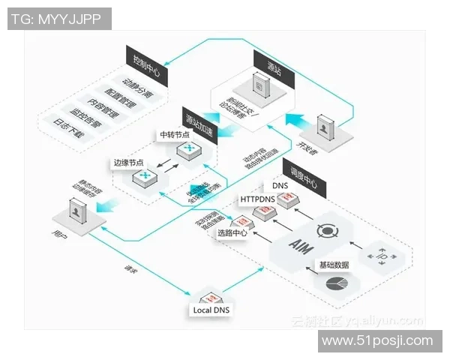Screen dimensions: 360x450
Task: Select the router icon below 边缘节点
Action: coord(143,178)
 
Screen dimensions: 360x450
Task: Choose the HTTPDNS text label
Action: coord(257,199)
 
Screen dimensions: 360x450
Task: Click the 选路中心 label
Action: coord(233,232)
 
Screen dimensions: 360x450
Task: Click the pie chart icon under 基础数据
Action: coord(335,285)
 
